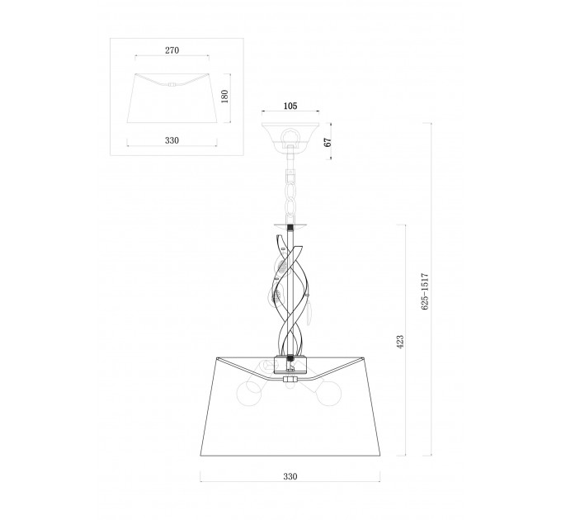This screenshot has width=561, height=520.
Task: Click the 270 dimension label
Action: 172,50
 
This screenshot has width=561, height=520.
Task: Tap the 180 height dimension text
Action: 224,97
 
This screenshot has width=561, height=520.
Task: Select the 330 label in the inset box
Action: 172,140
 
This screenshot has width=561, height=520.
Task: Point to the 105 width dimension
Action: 290,106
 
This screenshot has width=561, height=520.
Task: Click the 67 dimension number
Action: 328,142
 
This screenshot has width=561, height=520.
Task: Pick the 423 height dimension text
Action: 400,342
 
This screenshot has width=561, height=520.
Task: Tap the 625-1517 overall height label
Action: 425,291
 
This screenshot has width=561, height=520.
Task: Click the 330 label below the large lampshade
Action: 290,476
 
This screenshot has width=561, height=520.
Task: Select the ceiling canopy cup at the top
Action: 290,135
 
